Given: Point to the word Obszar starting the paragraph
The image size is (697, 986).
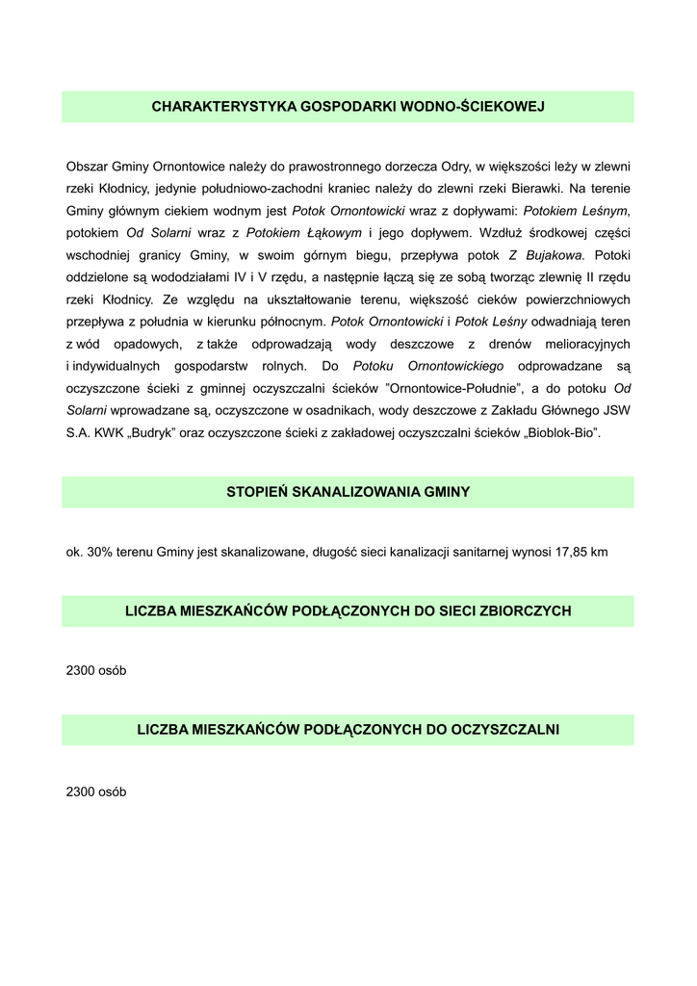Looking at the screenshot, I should (87, 166).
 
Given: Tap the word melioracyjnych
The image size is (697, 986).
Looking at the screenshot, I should (582, 344).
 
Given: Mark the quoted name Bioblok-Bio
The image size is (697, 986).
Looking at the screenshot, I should (562, 432).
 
